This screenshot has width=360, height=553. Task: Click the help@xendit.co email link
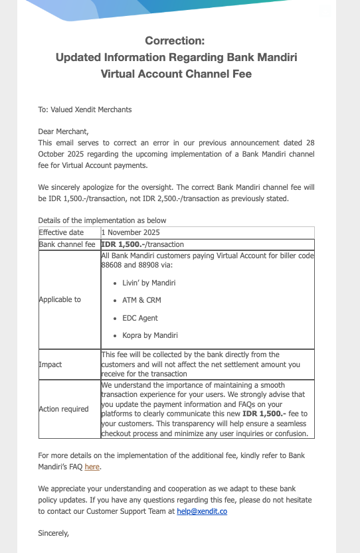click(x=202, y=512)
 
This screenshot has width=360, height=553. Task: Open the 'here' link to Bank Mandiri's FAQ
click(x=92, y=467)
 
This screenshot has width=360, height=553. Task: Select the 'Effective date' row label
click(x=61, y=232)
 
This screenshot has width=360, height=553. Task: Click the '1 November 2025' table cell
click(x=130, y=232)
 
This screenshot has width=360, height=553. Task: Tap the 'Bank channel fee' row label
click(x=67, y=244)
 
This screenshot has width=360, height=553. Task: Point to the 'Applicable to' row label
click(x=60, y=299)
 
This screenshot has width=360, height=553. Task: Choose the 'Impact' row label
click(x=50, y=364)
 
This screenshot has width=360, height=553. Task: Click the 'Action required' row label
click(x=64, y=409)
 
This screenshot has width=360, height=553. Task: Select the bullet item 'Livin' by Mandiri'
click(x=149, y=283)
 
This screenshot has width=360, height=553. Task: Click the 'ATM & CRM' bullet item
click(x=141, y=300)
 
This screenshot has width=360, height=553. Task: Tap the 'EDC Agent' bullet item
click(x=140, y=318)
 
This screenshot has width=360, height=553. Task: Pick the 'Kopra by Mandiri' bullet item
click(x=150, y=335)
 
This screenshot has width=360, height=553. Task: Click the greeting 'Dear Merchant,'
click(x=63, y=131)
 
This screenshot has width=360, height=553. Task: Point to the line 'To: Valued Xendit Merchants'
click(x=84, y=110)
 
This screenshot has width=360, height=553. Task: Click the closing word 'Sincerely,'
click(x=54, y=533)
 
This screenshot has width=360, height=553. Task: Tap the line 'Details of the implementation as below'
click(x=102, y=220)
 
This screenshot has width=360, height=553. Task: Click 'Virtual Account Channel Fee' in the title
click(x=176, y=74)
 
